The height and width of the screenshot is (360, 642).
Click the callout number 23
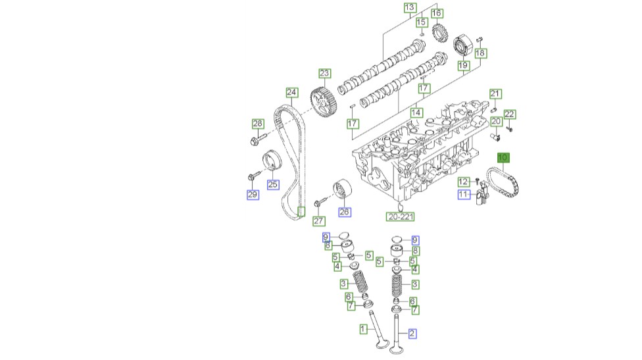(324, 73)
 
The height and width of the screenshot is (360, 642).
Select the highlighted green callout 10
(503, 158)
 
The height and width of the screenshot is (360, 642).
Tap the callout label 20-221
(401, 217)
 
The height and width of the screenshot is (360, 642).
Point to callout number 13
(410, 8)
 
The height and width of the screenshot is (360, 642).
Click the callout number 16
(437, 13)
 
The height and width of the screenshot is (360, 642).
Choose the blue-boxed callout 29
(253, 194)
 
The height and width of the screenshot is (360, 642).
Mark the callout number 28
(258, 124)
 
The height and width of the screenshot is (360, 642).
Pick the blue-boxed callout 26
(345, 212)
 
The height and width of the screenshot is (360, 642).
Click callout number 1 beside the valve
(362, 328)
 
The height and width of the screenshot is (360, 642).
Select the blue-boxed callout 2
(412, 334)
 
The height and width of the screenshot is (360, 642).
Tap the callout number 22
(510, 115)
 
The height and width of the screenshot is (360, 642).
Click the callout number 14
(416, 113)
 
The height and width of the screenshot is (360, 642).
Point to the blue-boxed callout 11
(464, 194)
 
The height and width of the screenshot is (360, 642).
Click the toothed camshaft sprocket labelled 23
(323, 103)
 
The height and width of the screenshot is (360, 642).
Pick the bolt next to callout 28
(257, 139)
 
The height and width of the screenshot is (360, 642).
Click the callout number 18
(480, 53)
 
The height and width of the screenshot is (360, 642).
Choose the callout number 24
(291, 92)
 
